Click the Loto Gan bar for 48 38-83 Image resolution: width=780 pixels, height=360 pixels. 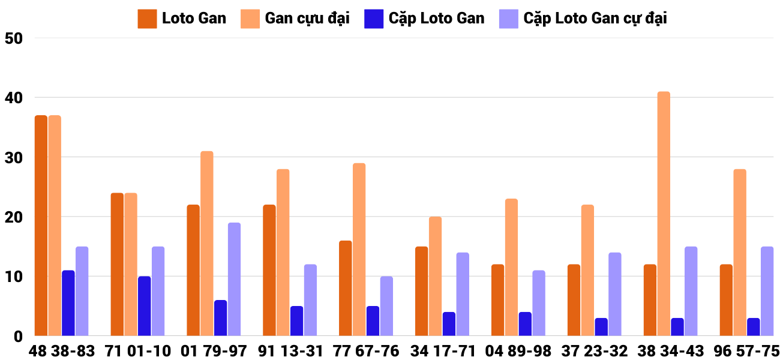click(x=41, y=226)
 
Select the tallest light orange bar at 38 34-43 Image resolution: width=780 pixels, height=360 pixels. click(x=664, y=214)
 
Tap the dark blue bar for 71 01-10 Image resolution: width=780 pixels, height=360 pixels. click(x=145, y=306)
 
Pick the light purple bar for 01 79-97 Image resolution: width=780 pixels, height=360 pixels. click(x=234, y=279)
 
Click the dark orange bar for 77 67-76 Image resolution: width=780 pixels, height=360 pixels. click(x=346, y=288)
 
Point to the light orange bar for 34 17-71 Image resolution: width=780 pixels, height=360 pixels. click(x=435, y=276)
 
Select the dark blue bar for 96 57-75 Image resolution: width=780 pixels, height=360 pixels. click(x=754, y=327)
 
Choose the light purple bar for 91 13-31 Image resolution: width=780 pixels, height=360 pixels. click(x=310, y=300)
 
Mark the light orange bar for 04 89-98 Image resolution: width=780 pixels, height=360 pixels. click(x=511, y=267)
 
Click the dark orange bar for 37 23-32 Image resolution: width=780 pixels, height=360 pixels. click(x=574, y=300)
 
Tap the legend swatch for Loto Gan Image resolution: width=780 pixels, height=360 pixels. click(x=147, y=19)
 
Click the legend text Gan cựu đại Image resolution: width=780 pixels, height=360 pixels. click(x=307, y=19)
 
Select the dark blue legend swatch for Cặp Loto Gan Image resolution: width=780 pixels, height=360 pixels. click(x=374, y=19)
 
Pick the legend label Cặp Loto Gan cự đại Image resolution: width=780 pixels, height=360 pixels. click(x=595, y=19)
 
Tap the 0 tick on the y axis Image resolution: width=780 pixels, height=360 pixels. click(x=18, y=337)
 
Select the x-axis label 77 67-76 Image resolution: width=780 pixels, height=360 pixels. click(x=366, y=351)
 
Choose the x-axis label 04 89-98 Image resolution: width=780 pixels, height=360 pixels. click(x=518, y=351)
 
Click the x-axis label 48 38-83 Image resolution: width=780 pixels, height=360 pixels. click(x=62, y=351)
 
